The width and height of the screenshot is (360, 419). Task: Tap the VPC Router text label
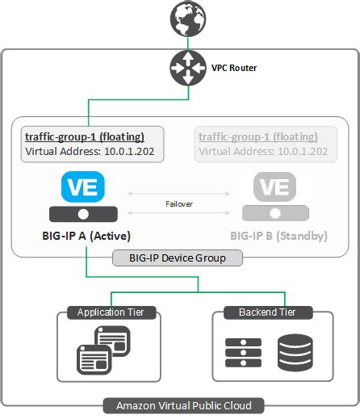(233, 69)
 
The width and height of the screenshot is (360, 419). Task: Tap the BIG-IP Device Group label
(178, 258)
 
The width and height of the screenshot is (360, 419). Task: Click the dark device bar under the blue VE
(84, 214)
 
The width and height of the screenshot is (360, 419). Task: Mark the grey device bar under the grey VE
(275, 214)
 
